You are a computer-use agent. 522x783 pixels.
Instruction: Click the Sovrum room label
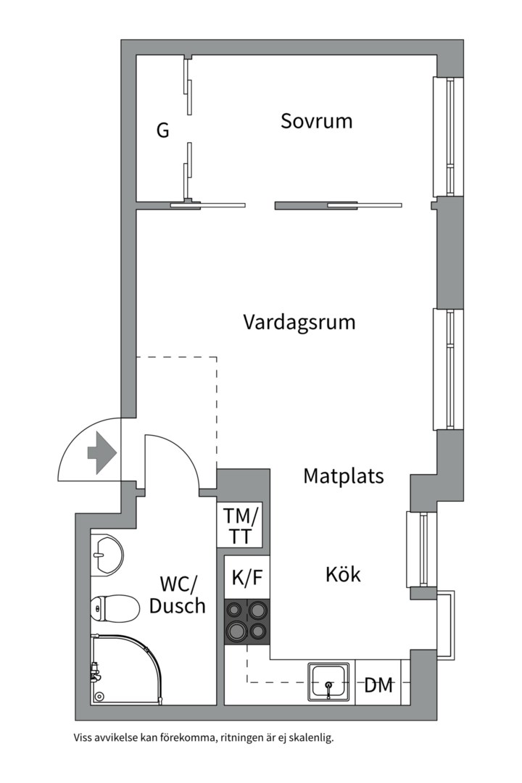click(x=317, y=120)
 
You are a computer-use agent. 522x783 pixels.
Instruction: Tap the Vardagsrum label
click(x=299, y=321)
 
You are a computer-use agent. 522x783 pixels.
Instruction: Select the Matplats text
click(x=343, y=476)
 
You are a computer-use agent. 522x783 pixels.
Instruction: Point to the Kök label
click(x=343, y=575)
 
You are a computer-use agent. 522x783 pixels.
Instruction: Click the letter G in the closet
click(x=162, y=131)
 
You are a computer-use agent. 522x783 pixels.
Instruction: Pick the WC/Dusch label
click(x=178, y=594)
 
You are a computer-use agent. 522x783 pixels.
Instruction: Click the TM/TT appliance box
click(x=240, y=526)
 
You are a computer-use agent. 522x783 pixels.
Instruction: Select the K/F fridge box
click(x=246, y=578)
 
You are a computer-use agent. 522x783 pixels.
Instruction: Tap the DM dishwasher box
click(x=378, y=684)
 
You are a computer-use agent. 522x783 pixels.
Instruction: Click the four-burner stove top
click(x=246, y=621)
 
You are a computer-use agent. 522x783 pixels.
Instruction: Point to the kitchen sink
click(x=331, y=682)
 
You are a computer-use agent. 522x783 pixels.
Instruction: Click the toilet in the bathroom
click(x=115, y=608)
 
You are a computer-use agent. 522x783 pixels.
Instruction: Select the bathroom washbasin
click(x=107, y=555)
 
